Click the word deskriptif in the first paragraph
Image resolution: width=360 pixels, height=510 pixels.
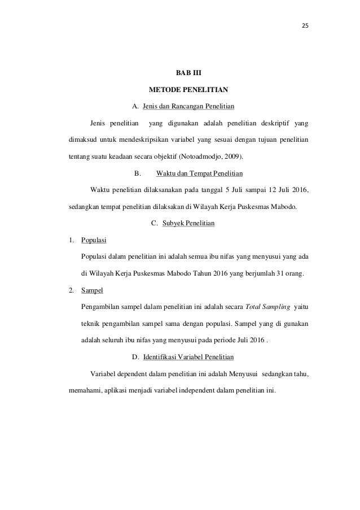[276, 122]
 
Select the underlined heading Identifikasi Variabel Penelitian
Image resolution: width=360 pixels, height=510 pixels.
[189, 357]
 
